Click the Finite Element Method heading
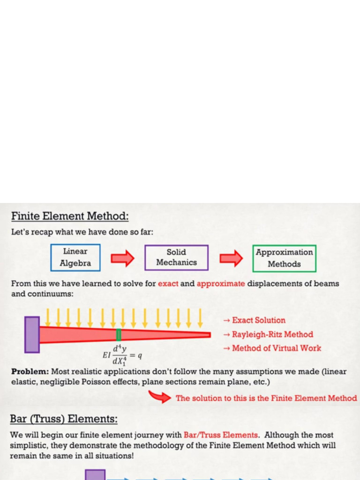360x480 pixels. click(x=70, y=216)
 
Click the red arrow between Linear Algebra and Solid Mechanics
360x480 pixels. click(x=122, y=258)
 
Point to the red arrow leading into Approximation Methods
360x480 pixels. click(x=231, y=258)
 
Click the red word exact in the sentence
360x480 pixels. click(x=168, y=284)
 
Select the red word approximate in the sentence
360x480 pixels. click(x=221, y=284)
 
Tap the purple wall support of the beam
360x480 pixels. click(x=32, y=335)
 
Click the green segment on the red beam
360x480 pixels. click(x=119, y=335)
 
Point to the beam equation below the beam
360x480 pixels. click(x=122, y=355)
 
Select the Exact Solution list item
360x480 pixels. click(x=255, y=320)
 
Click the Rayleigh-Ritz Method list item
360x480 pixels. click(x=268, y=334)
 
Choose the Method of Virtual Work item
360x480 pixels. click(x=272, y=348)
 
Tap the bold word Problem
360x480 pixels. click(x=30, y=372)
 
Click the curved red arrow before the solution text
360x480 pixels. click(x=159, y=397)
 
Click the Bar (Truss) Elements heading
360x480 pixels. click(x=64, y=419)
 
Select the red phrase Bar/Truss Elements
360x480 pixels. click(x=221, y=435)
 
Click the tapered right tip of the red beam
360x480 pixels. click(x=210, y=335)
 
